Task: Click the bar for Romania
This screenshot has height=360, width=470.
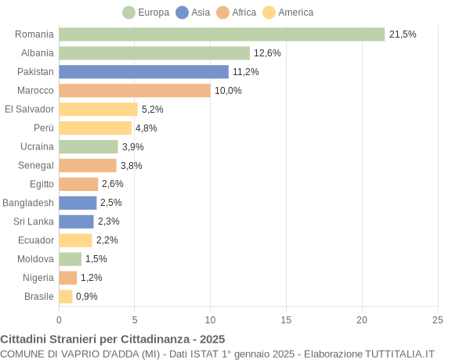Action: tap(222, 34)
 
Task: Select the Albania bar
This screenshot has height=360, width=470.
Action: tap(154, 53)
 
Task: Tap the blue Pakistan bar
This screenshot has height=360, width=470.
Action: tap(143, 72)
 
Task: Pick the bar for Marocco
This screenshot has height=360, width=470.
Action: tap(135, 91)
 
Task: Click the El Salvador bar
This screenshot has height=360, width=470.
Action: tap(98, 110)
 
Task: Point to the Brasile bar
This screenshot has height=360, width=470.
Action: tap(66, 297)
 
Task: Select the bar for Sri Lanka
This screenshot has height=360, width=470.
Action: tap(76, 221)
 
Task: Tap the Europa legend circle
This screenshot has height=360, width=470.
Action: tap(128, 13)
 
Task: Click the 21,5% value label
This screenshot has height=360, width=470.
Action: tap(403, 34)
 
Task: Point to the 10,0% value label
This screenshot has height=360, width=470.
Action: tap(228, 91)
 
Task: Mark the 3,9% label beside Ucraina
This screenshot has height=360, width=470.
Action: tap(132, 147)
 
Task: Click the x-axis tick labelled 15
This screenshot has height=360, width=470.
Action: tap(286, 319)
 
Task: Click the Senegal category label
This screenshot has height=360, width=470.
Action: tap(36, 165)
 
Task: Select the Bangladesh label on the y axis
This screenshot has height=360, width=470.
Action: tap(28, 203)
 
